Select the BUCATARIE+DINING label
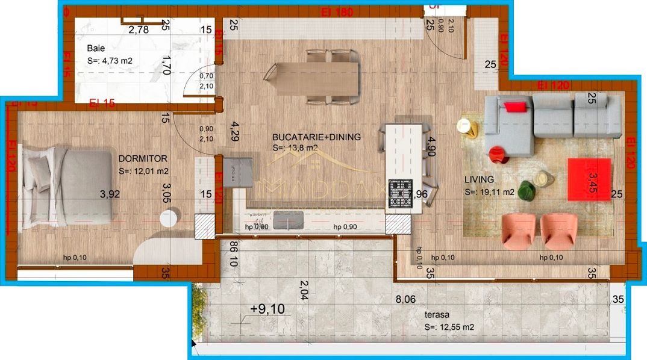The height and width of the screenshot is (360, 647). point(316,137)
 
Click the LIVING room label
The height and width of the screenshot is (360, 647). point(479,179)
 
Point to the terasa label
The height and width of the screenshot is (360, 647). point(437,314)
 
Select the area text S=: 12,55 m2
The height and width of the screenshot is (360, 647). point(449,327)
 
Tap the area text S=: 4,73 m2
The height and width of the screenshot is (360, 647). point(110,60)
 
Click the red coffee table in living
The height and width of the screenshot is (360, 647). point(589,179)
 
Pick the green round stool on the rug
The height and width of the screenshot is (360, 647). point(528,190)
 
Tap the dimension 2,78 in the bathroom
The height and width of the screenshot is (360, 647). point(138,29)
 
